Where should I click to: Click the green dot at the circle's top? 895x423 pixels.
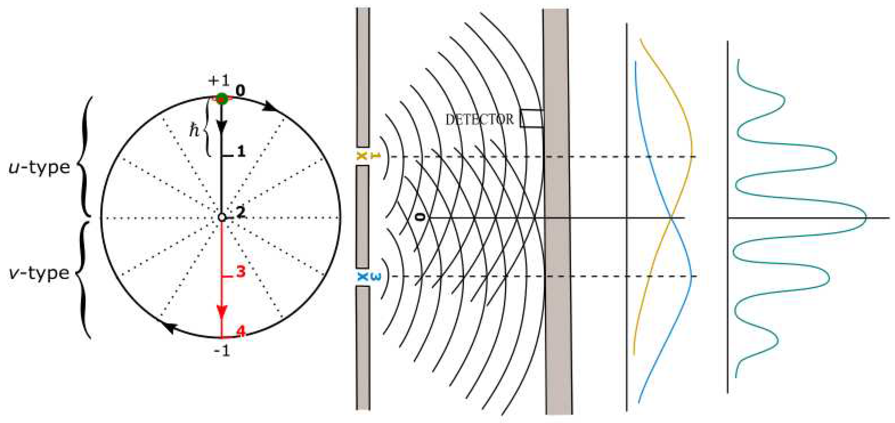click(222, 99)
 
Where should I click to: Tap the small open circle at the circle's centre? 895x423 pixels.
click(222, 218)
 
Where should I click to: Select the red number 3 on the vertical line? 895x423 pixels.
click(240, 272)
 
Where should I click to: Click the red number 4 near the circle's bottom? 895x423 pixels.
click(240, 331)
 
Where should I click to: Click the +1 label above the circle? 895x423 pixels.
click(219, 81)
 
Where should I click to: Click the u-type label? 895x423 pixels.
click(39, 168)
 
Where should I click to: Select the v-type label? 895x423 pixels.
click(39, 273)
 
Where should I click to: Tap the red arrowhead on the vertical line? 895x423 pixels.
click(222, 311)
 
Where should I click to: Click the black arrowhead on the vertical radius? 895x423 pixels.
click(222, 126)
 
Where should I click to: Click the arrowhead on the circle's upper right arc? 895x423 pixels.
click(270, 106)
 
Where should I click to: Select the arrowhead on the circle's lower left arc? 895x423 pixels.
click(169, 328)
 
